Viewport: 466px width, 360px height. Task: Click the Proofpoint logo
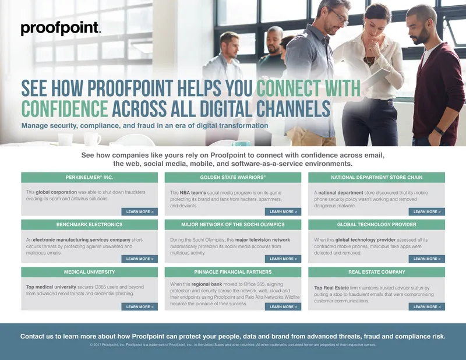point(61,29)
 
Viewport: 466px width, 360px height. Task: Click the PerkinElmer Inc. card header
point(89,177)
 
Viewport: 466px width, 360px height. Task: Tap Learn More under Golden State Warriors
point(283,212)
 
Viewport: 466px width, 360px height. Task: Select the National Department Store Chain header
point(376,177)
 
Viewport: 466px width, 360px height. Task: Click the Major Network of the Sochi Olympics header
point(232,224)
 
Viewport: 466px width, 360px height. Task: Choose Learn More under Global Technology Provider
point(427,259)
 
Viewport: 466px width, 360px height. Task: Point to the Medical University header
point(89,272)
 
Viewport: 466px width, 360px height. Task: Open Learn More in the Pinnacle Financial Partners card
point(283,306)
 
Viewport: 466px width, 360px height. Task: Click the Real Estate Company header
point(376,272)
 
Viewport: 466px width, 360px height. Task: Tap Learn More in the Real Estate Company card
point(427,306)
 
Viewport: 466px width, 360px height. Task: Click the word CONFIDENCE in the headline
point(65,109)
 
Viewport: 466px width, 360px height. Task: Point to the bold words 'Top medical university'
point(51,287)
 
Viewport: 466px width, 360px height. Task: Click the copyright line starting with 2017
point(233,345)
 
